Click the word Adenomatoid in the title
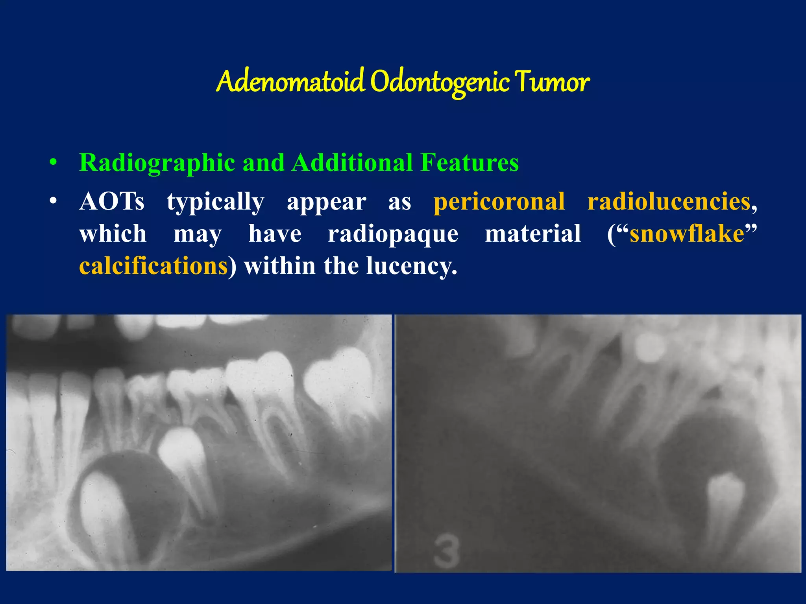pyautogui.click(x=290, y=82)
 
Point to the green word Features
pyautogui.click(x=469, y=162)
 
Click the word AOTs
pyautogui.click(x=112, y=201)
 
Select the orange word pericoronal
pyautogui.click(x=499, y=201)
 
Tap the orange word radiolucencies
pyautogui.click(x=669, y=201)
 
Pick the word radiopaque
pyautogui.click(x=393, y=234)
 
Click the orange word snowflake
pyautogui.click(x=687, y=234)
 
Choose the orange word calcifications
pyautogui.click(x=153, y=266)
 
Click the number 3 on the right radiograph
pyautogui.click(x=446, y=550)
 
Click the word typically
pyautogui.click(x=215, y=202)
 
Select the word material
pyautogui.click(x=533, y=234)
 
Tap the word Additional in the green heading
pyautogui.click(x=352, y=162)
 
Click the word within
pyautogui.click(x=280, y=266)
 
